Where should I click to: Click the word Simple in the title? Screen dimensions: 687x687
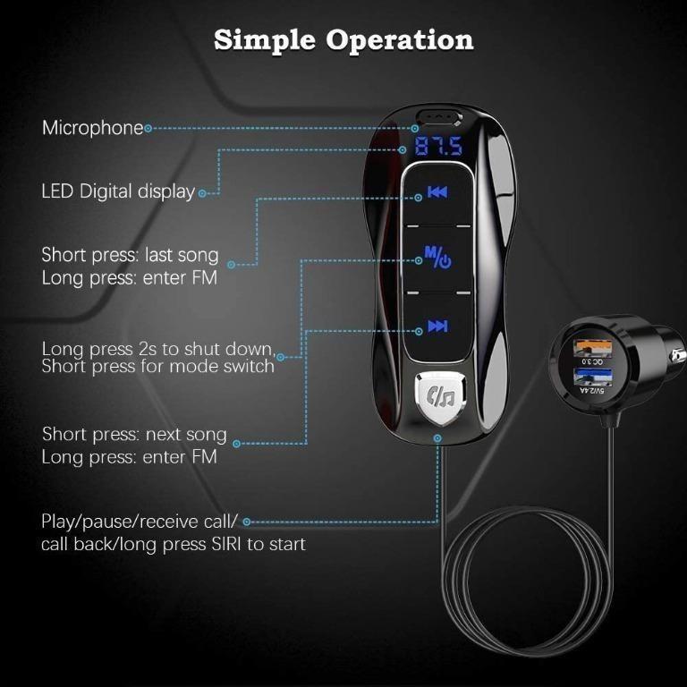click(265, 40)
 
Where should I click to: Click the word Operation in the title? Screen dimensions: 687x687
click(400, 41)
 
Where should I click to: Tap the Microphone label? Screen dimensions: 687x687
click(92, 128)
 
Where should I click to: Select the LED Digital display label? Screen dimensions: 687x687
click(118, 191)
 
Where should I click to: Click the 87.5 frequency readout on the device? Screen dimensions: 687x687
click(437, 147)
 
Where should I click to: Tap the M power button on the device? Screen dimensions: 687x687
click(437, 259)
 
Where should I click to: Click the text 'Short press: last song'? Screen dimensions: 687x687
click(130, 255)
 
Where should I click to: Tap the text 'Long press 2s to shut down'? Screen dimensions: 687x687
click(157, 348)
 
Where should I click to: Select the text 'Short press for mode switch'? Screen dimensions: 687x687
click(157, 366)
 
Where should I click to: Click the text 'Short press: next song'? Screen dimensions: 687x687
click(134, 435)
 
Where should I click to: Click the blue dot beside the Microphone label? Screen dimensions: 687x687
click(148, 128)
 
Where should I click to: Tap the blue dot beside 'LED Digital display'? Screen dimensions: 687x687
click(202, 192)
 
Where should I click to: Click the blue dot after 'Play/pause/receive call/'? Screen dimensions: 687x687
click(247, 522)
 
